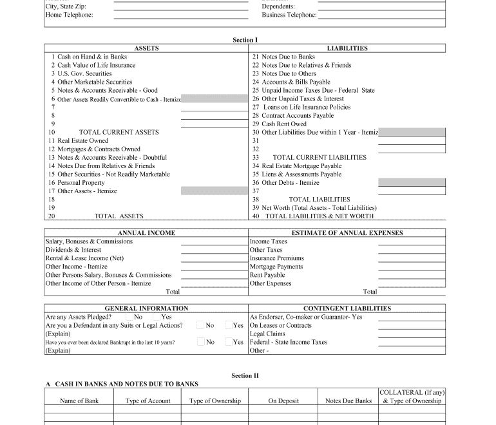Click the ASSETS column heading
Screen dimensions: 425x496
(146, 48)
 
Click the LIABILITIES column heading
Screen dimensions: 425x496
(347, 48)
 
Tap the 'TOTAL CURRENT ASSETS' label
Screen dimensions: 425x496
(119, 132)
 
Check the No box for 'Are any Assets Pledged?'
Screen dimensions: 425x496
(130, 317)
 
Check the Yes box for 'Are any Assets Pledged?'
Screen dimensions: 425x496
(157, 317)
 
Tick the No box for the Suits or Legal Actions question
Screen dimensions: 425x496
(201, 325)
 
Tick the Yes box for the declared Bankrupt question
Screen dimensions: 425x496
(229, 342)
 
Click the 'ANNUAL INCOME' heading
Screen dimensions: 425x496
(146, 233)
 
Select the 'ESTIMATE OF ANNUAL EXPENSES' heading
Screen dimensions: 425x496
(347, 233)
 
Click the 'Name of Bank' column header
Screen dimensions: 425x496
(79, 401)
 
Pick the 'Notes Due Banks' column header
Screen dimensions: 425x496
(348, 401)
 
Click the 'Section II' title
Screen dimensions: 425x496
(245, 375)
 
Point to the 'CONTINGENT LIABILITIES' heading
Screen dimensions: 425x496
(347, 308)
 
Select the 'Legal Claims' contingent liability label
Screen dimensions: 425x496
(267, 334)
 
